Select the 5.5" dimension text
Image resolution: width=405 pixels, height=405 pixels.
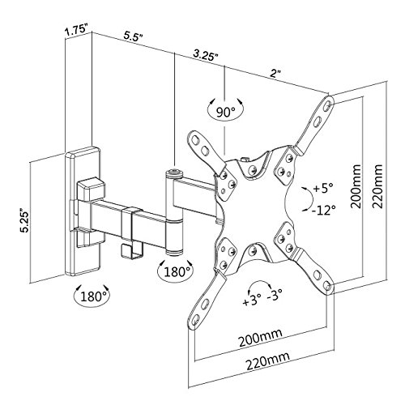(x=133, y=36)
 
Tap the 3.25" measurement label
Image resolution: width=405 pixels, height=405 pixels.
(x=206, y=55)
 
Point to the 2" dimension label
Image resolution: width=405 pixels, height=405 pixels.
(x=275, y=74)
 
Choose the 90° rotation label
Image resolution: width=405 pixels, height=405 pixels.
(x=225, y=112)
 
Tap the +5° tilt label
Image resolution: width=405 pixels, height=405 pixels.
(x=323, y=188)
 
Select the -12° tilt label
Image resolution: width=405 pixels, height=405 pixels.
(x=323, y=210)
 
